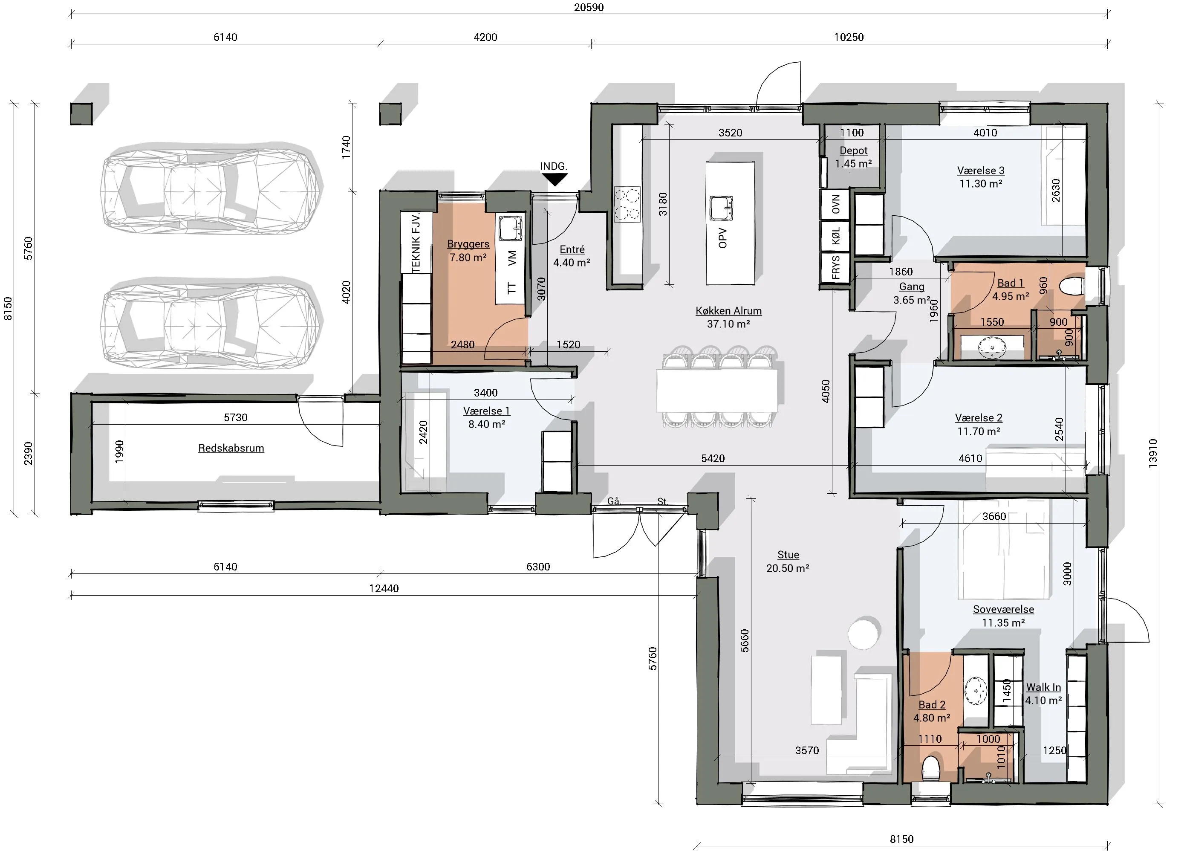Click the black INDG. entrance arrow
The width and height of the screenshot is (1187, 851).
[x=555, y=179]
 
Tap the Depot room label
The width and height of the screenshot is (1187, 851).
[x=853, y=151]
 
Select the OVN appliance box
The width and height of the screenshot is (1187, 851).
[x=835, y=204]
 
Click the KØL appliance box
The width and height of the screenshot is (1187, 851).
[x=835, y=236]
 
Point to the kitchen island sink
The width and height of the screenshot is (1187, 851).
[x=721, y=208]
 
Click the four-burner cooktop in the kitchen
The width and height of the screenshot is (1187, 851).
[x=627, y=204]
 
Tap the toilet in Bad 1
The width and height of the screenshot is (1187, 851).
[x=1072, y=286]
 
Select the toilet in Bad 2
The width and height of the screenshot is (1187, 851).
[x=930, y=768]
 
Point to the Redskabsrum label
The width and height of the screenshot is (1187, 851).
[x=231, y=448]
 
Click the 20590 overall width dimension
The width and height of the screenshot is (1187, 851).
[x=589, y=7]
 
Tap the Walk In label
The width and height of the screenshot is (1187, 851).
[x=1043, y=687]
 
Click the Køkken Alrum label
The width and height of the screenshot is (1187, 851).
[x=728, y=311]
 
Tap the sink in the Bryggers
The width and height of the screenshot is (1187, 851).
[x=510, y=229]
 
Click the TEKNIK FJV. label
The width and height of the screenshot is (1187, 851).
[x=416, y=243]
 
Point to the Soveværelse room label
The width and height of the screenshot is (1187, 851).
[x=1003, y=610]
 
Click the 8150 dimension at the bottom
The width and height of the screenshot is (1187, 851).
[x=901, y=839]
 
